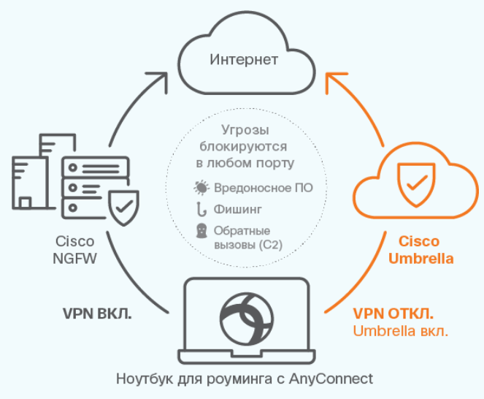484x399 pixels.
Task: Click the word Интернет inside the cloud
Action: click(244, 60)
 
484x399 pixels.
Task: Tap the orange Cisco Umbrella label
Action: click(420, 250)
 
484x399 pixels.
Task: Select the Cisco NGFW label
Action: click(74, 250)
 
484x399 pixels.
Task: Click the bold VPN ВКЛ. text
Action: click(97, 313)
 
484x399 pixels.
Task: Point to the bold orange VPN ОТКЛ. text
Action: click(393, 313)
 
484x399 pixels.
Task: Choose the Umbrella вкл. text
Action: click(400, 331)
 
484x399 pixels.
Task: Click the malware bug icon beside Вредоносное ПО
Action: click(201, 188)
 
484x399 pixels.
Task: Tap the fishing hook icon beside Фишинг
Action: click(201, 209)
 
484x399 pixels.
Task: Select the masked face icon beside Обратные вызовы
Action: click(201, 231)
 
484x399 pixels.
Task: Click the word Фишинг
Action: click(238, 210)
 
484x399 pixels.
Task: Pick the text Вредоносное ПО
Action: click(264, 188)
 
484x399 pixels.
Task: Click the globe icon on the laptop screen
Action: click(247, 319)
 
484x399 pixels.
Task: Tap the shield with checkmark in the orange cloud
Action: click(416, 185)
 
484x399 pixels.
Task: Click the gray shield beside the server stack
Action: click(123, 208)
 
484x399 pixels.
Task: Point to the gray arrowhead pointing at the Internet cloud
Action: click(160, 80)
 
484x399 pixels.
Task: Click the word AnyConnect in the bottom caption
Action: click(331, 379)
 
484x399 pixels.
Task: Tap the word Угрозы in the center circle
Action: click(245, 130)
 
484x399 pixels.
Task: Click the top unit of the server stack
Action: click(96, 167)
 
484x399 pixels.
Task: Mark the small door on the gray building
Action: click(26, 202)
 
